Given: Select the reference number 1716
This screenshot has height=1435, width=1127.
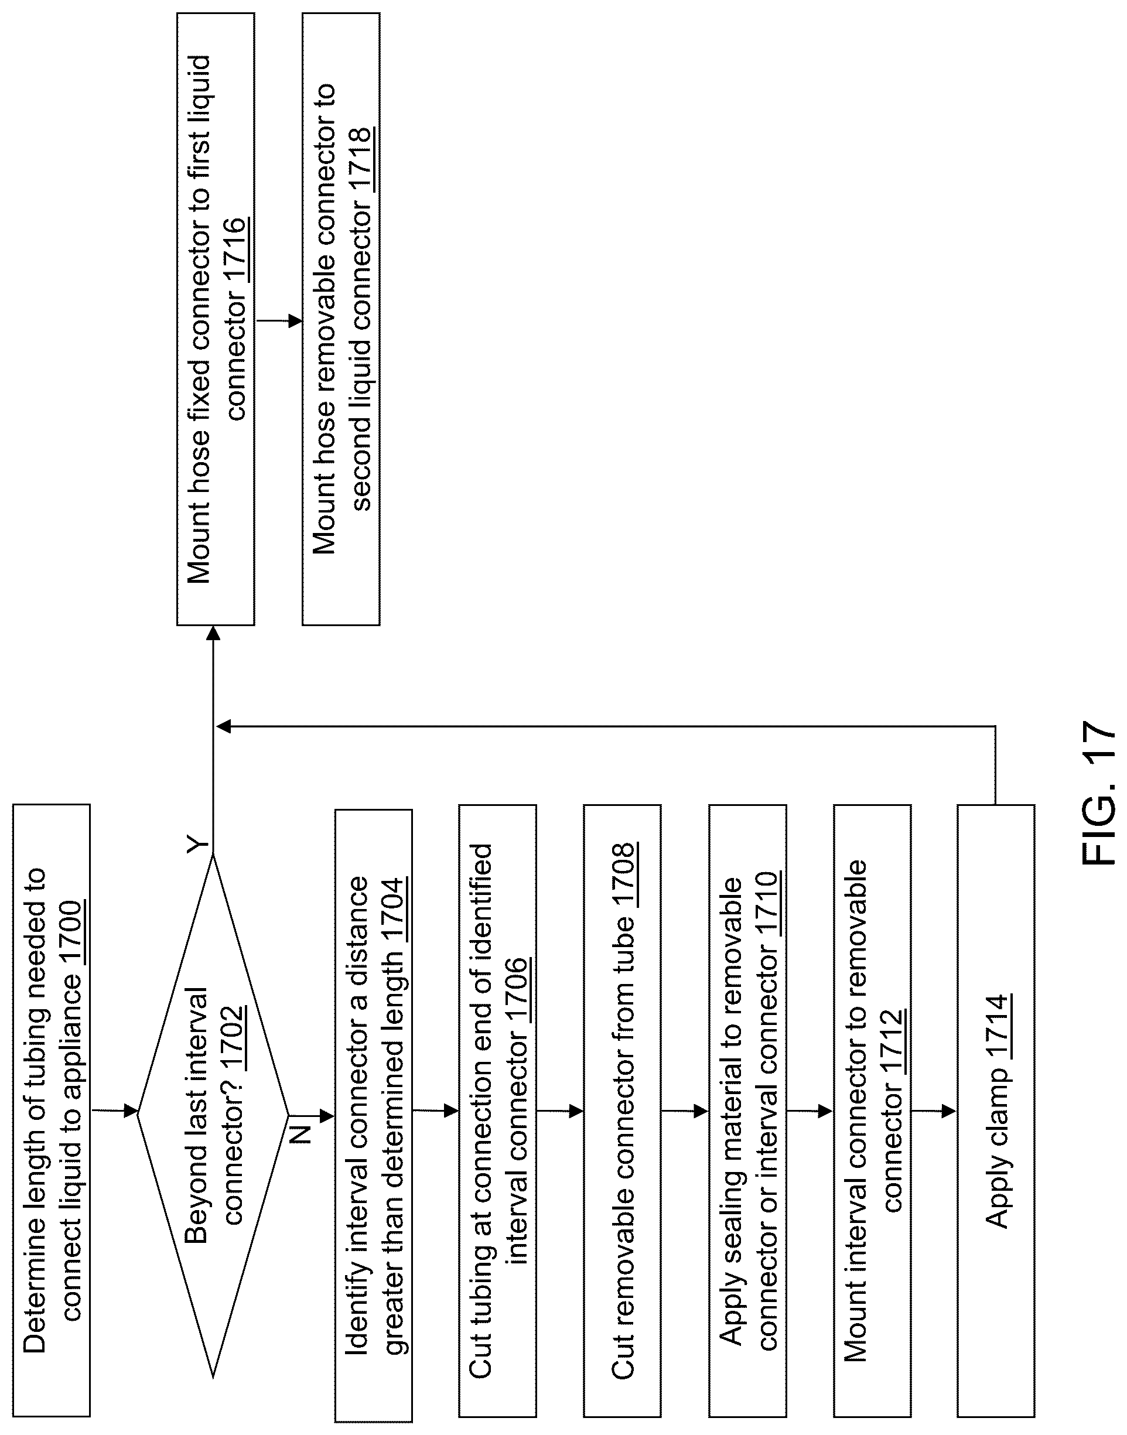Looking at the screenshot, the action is [235, 252].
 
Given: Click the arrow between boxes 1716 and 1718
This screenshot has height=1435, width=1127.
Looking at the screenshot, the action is [278, 322].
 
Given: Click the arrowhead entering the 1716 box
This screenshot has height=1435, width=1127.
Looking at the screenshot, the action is [213, 633].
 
